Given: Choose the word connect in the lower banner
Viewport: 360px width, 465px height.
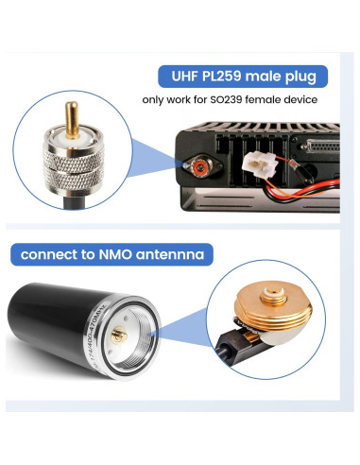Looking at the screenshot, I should click(x=52, y=253).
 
